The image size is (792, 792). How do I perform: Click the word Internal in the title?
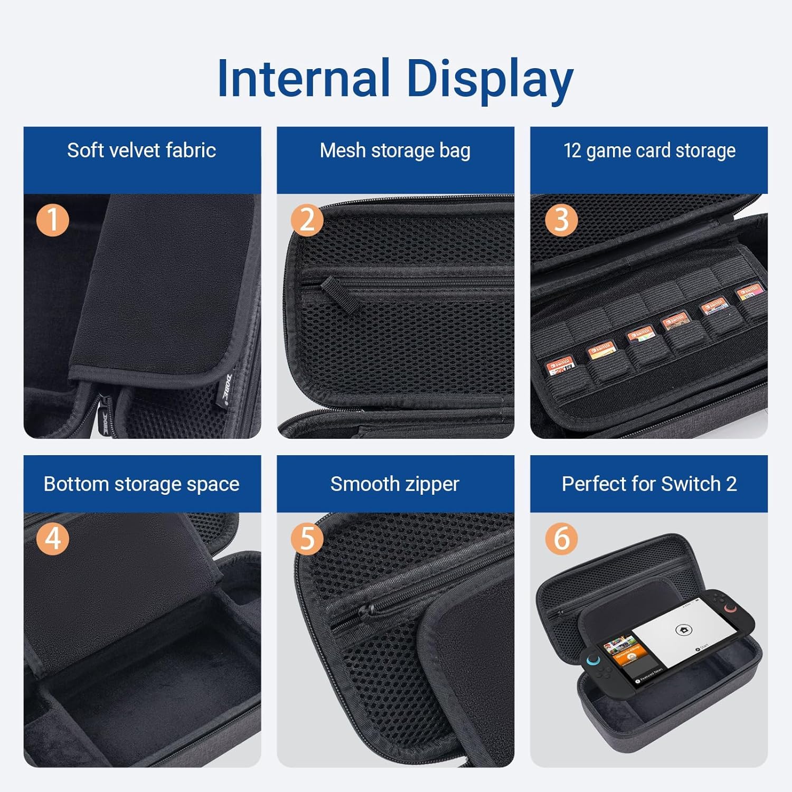303,78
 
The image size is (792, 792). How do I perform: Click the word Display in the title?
489,79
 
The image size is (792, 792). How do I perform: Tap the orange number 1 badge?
52,220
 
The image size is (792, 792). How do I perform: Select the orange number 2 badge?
307,220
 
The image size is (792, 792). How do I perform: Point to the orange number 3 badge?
561,220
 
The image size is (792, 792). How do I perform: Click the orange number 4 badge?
52,539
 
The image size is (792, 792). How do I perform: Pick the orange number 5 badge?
307,539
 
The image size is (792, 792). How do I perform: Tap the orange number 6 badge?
561,539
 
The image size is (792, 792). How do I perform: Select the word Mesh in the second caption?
343,150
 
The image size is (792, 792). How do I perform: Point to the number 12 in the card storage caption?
572,150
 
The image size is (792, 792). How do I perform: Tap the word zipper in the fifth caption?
432,484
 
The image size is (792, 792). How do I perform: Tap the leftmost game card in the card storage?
559,365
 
